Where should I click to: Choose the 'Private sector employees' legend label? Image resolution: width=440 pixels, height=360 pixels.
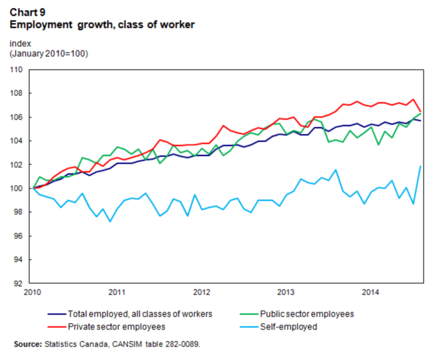click(117, 326)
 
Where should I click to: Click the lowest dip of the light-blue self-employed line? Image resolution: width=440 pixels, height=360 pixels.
click(109, 221)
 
